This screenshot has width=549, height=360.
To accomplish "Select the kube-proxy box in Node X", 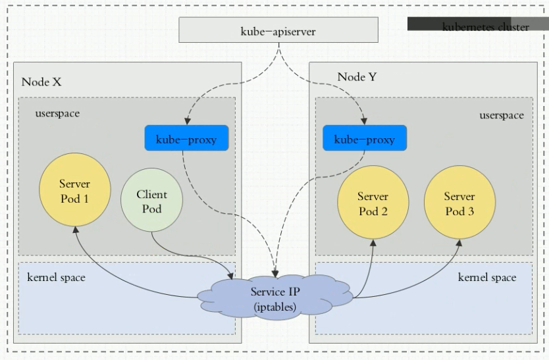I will point(186,139).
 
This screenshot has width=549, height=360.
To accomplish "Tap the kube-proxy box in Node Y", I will point(365,139).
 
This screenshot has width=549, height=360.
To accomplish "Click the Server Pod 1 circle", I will point(74,190).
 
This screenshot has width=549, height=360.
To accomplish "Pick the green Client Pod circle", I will point(151,200).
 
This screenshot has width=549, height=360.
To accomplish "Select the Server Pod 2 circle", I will point(373,203).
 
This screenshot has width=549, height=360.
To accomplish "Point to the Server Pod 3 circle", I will point(459,203).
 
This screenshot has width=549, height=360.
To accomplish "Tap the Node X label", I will point(41,82).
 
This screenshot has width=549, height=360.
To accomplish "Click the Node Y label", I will point(357,77).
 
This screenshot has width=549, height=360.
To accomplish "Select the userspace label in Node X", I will point(57,113).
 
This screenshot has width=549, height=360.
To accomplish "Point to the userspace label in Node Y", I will point(502,115).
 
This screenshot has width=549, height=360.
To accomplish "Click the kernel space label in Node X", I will point(56,277).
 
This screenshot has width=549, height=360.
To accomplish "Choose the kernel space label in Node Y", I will point(486,278).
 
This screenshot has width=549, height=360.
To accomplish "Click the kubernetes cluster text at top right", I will point(486,27).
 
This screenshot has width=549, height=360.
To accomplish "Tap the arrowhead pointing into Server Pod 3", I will point(459,243).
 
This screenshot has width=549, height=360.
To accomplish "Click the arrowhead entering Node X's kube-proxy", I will point(186,122).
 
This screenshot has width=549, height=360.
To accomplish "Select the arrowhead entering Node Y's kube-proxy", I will point(365,122).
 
